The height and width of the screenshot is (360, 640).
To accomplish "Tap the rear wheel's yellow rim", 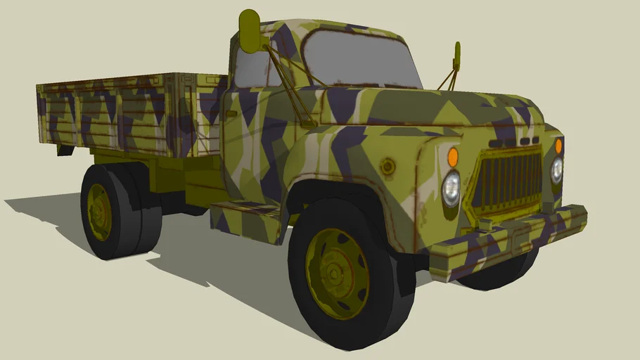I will click(99, 211).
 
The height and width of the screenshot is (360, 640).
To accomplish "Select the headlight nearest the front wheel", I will click(451, 188).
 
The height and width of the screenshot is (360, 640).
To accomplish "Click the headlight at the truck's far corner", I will click(557, 170).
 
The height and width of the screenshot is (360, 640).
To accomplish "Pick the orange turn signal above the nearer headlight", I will click(453, 156).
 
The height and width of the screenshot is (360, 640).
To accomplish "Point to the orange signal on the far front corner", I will click(559, 146).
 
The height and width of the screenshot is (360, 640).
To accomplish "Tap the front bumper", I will click(506, 236).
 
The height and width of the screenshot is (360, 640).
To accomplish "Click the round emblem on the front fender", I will click(387, 167).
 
